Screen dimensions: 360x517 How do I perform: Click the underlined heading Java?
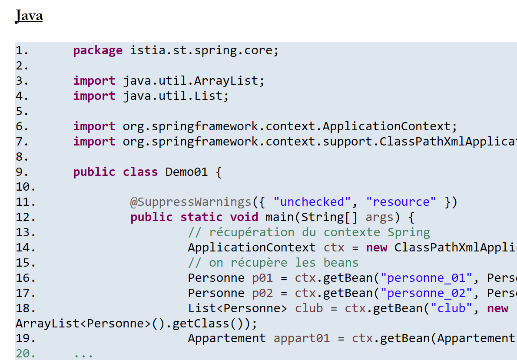29,16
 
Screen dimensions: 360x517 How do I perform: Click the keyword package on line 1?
98,51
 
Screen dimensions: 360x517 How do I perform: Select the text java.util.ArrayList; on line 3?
194,81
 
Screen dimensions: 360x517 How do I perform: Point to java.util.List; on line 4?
176,96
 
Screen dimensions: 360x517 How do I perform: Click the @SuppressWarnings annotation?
191,202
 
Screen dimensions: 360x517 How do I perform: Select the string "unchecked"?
312,202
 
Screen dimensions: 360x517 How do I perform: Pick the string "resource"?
401,202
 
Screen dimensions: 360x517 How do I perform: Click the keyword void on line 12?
244,217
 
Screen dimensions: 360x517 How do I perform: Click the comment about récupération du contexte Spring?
309,232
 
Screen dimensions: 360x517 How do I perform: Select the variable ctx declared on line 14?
334,248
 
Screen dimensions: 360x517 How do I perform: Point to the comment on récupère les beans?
273,263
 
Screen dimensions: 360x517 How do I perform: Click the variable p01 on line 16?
262,278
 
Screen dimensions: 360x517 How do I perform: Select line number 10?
25,187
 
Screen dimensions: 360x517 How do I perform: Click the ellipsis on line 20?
83,354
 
